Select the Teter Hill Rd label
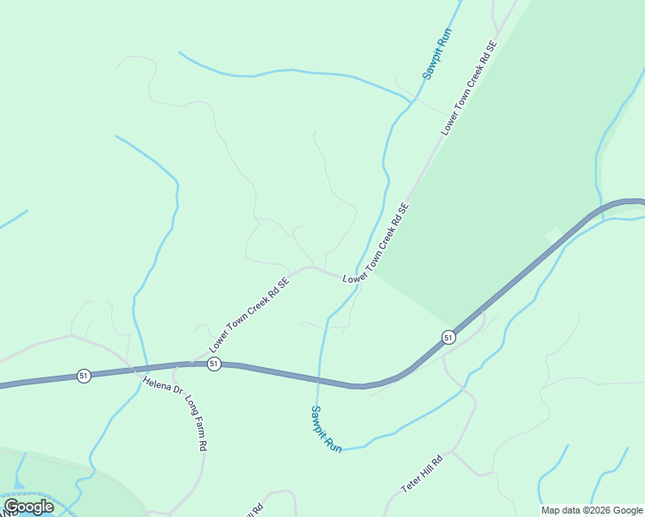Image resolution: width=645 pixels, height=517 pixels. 422,473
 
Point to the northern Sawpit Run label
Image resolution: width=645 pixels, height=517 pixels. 437,53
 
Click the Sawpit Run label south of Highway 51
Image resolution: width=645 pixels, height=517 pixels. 327,429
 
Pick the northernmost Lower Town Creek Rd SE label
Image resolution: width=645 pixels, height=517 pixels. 470,87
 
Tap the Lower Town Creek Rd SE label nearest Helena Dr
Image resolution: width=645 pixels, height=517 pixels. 248,313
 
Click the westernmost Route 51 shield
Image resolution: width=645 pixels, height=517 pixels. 84,376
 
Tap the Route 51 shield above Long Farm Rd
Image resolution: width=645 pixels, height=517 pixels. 214,364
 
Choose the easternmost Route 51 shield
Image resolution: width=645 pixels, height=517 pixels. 448,337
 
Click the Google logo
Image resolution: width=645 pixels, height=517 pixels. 28,507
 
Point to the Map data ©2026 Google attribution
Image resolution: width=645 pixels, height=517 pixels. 592,510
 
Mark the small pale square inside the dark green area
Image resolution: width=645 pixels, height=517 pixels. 553,234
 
